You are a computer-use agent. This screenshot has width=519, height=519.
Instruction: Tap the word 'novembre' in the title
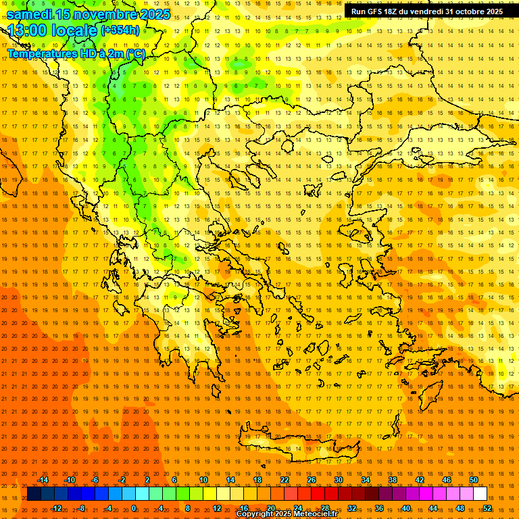point(101,14)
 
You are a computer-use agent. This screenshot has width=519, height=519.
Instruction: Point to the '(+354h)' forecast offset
point(120,30)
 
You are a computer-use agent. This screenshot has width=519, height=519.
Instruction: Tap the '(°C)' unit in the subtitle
point(135,53)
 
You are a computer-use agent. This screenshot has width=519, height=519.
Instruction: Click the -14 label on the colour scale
point(43,480)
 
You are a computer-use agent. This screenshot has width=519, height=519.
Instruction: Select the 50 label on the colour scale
point(474,480)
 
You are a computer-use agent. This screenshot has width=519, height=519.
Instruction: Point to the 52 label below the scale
point(487,508)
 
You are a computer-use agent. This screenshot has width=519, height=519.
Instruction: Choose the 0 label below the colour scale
point(134,508)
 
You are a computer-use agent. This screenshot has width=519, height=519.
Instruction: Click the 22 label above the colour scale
point(285,480)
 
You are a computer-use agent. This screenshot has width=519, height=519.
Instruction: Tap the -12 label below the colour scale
point(56,508)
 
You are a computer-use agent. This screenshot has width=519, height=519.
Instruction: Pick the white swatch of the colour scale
point(480,493)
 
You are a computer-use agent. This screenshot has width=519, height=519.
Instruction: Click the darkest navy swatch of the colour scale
point(34,493)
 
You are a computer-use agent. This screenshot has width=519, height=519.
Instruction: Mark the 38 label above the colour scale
point(393,480)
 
